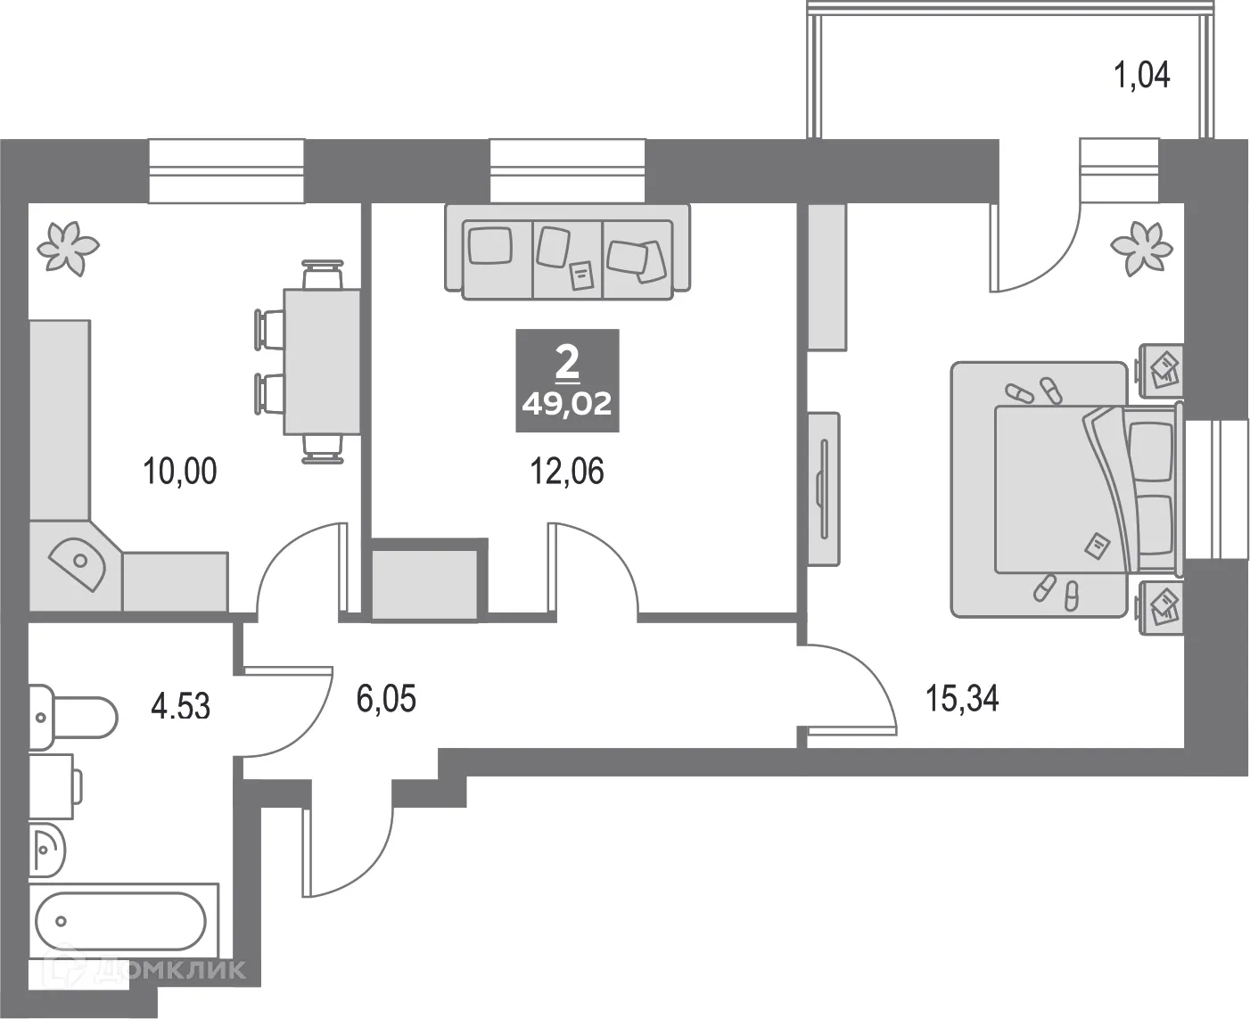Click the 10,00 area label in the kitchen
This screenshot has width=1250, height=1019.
[x=180, y=472]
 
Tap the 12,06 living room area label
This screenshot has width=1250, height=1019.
[x=567, y=472]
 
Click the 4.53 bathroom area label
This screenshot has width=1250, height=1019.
[x=180, y=707]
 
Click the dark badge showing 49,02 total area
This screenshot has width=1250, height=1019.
[x=567, y=381]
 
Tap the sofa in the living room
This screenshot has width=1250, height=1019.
[x=567, y=252]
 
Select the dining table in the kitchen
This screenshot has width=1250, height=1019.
[x=323, y=362]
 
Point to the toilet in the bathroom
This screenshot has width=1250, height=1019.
[x=72, y=718]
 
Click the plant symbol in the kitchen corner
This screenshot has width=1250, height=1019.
[x=68, y=248]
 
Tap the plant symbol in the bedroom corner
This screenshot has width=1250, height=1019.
[x=1141, y=248]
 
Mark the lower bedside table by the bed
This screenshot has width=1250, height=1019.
[x=1160, y=607]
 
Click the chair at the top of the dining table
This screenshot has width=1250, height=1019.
[x=323, y=275]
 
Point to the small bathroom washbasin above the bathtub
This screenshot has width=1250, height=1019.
[x=47, y=849]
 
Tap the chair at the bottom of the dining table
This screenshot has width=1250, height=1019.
[x=323, y=448]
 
